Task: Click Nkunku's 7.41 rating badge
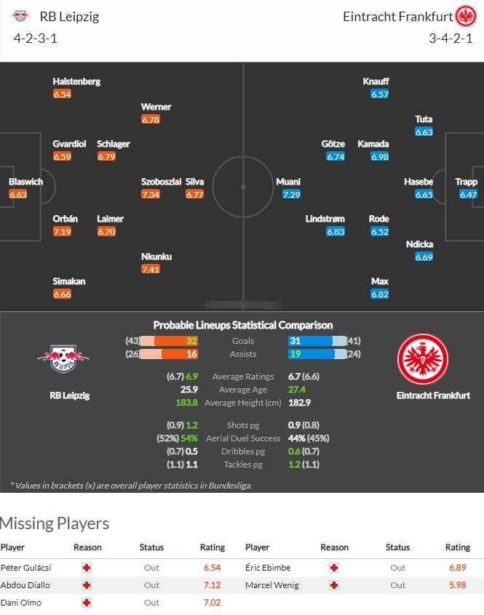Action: [x=151, y=270]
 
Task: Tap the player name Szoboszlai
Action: [x=161, y=182]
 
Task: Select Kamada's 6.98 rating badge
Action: [x=379, y=157]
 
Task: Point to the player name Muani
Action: [x=288, y=182]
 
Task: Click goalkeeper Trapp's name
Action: [x=466, y=182]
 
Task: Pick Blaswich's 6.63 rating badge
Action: [x=17, y=195]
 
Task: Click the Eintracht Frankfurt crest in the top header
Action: [x=465, y=16]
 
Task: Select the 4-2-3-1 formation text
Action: [x=36, y=39]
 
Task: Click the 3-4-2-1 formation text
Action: [x=451, y=39]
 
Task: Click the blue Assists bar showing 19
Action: [x=311, y=354]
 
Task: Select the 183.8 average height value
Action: [x=186, y=403]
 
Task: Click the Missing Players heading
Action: [x=55, y=523]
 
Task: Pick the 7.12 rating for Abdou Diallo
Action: [x=211, y=585]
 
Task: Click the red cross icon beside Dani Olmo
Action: [x=87, y=603]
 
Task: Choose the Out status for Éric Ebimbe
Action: [x=397, y=568]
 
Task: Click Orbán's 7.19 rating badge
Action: [x=62, y=232]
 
